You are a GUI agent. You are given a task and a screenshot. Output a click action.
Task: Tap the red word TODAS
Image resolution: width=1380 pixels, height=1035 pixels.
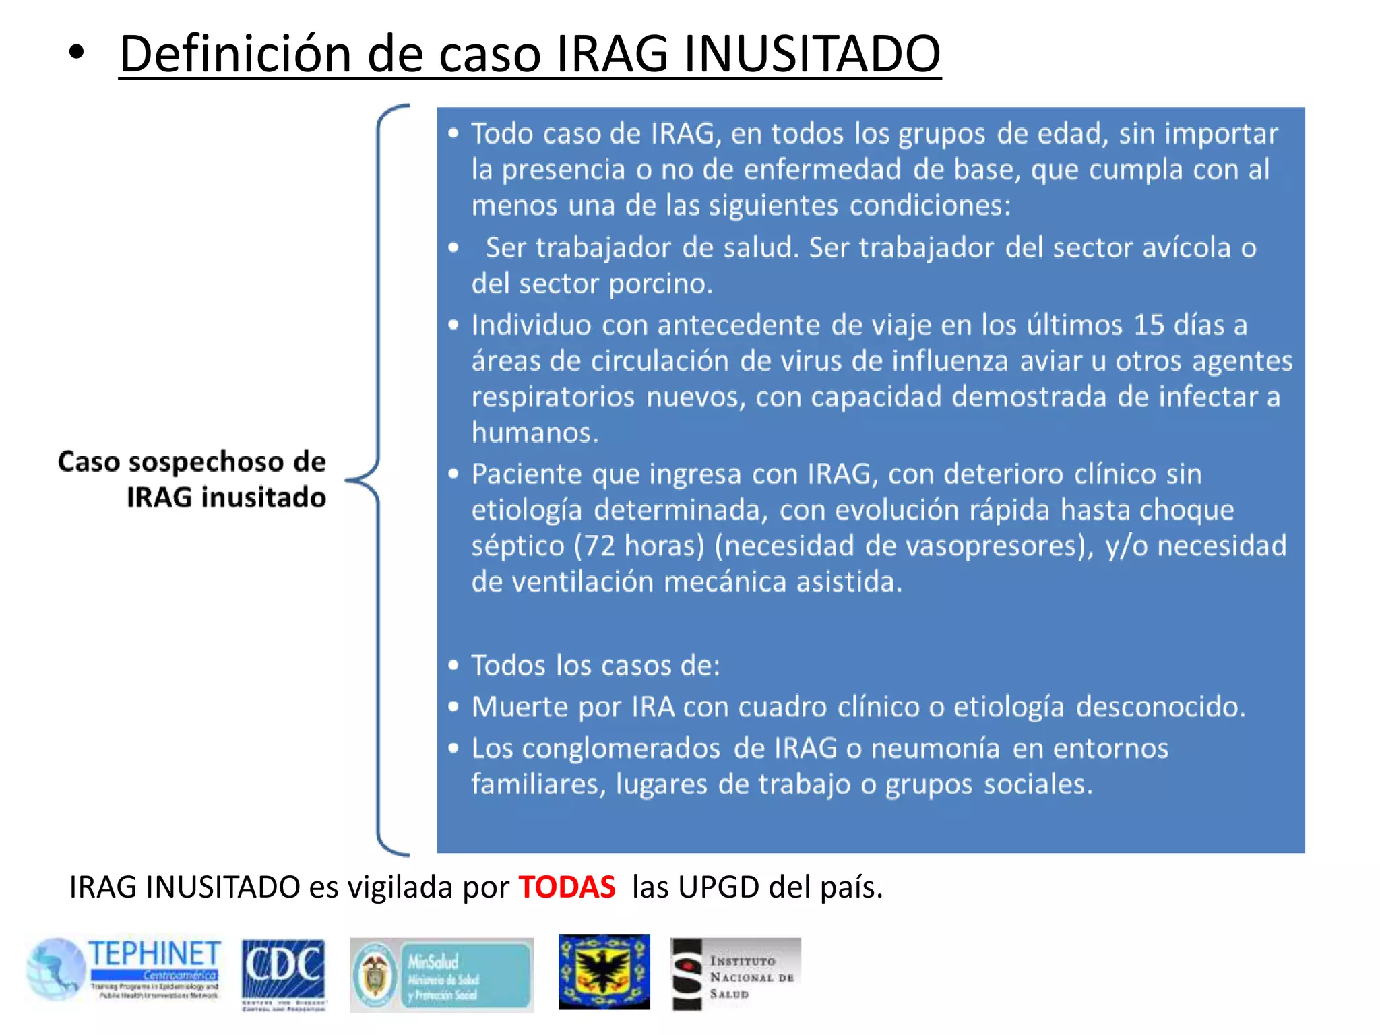(x=567, y=887)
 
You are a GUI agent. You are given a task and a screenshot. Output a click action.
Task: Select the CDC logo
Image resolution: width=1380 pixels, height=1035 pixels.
(x=283, y=973)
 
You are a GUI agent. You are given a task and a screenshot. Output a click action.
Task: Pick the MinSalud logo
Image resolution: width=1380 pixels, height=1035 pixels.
(x=441, y=975)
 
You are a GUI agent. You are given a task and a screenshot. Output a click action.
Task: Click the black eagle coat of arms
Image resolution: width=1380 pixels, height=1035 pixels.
(x=604, y=972)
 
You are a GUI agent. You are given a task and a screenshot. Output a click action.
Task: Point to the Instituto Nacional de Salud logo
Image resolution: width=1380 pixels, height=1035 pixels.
(x=736, y=974)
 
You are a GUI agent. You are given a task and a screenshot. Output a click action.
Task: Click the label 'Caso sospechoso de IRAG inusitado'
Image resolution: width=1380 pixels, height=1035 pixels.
(x=193, y=479)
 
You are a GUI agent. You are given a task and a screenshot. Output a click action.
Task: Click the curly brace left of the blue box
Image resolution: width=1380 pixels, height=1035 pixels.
(x=377, y=480)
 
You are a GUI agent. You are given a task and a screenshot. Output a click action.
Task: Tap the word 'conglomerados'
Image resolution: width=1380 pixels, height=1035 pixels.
(x=621, y=749)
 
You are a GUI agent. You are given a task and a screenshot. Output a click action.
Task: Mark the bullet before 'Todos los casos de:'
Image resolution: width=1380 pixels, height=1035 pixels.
(x=453, y=666)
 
